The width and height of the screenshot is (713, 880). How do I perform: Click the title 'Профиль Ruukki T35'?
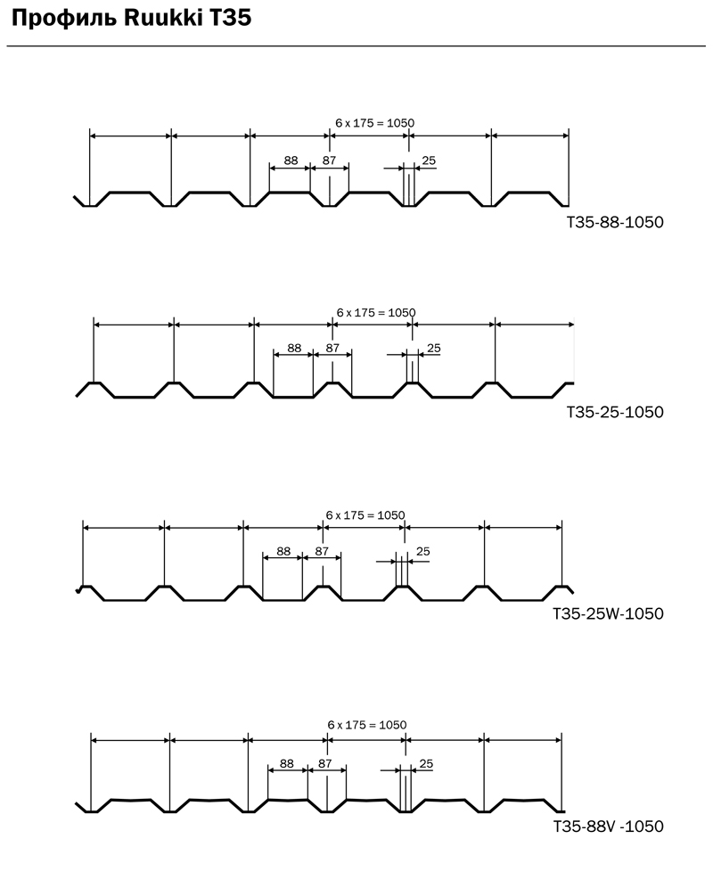click(131, 19)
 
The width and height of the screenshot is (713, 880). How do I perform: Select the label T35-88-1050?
click(615, 222)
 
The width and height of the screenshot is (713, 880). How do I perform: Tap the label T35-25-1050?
click(615, 412)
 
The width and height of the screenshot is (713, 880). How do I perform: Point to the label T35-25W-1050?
click(608, 613)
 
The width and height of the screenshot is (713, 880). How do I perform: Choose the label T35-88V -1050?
click(609, 827)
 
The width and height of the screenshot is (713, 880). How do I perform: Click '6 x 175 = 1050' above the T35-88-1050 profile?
click(374, 123)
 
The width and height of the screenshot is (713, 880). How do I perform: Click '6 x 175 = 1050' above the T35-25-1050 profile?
click(376, 313)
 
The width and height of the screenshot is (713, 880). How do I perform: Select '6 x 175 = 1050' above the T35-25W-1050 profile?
click(365, 515)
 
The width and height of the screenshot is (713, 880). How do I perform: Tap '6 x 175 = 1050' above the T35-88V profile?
click(367, 725)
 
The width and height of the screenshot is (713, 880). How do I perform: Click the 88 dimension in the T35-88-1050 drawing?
click(291, 160)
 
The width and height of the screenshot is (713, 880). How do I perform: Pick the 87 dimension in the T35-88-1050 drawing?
click(329, 160)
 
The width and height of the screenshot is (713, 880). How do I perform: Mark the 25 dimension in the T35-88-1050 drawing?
click(429, 160)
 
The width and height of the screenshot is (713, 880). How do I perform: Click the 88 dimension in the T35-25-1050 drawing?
click(294, 348)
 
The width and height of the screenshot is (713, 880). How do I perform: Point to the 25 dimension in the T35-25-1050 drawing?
click(434, 348)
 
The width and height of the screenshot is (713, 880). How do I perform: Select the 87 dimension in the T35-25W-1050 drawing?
click(322, 551)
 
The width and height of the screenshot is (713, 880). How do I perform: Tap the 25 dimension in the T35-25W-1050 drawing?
click(423, 551)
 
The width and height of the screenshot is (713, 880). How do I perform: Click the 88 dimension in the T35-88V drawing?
click(287, 763)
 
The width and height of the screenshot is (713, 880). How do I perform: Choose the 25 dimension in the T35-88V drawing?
click(426, 763)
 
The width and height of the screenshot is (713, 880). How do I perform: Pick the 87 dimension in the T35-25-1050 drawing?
click(332, 348)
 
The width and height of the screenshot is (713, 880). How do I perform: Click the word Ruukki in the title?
click(162, 19)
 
